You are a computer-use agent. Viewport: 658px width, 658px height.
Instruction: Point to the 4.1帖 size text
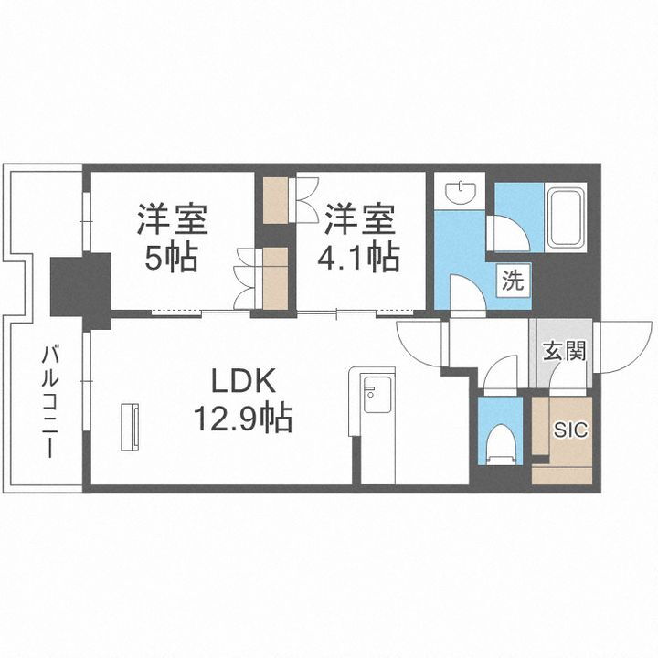coord(359,259)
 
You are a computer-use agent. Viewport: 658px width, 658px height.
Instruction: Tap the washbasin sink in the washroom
coord(461,193)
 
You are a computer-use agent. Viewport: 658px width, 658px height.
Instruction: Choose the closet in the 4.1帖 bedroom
coord(275,199)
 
